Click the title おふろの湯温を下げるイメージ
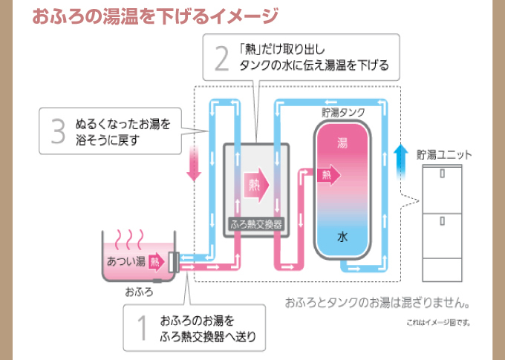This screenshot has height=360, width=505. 145,15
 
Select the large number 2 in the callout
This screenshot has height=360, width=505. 221,58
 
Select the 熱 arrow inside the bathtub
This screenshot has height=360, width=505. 156,261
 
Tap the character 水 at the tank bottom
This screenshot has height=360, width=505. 342,238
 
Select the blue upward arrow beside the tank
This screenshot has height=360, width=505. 401,160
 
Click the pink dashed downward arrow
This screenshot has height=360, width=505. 194,163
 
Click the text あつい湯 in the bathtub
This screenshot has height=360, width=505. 126,261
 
